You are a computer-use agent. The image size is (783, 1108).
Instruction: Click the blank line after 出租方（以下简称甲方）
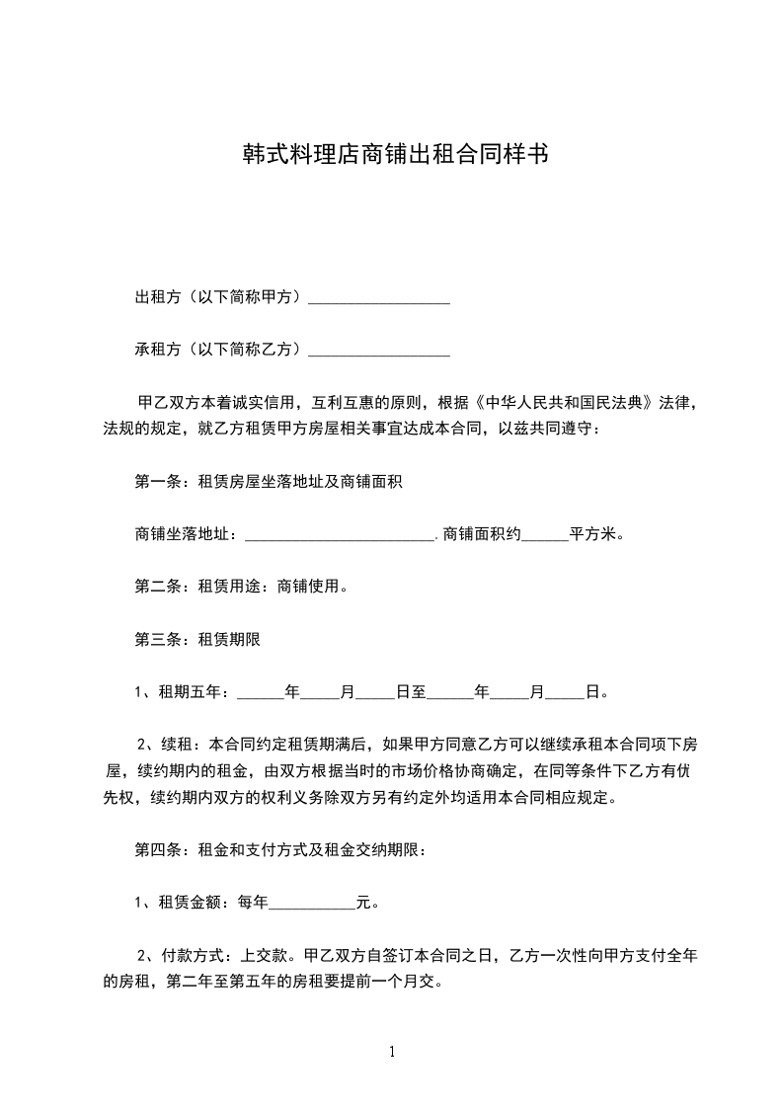pos(379,299)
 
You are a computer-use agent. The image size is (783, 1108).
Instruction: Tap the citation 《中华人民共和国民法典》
pos(562,403)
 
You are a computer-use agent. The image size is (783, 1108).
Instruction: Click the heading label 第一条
pos(155,482)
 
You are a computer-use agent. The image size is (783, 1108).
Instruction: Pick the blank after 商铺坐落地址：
pos(339,536)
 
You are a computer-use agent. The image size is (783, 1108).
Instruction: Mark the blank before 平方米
pos(544,536)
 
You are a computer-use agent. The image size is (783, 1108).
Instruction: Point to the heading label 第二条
pos(155,587)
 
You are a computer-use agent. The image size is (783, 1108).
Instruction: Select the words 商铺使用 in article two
pos(310,587)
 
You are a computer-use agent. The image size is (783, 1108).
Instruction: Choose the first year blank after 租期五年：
pos(261,693)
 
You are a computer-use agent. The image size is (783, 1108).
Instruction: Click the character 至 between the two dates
pos(419,691)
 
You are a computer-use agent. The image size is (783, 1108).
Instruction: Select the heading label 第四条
pos(155,849)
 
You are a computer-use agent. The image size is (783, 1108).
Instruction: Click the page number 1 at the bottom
pos(392,1052)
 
